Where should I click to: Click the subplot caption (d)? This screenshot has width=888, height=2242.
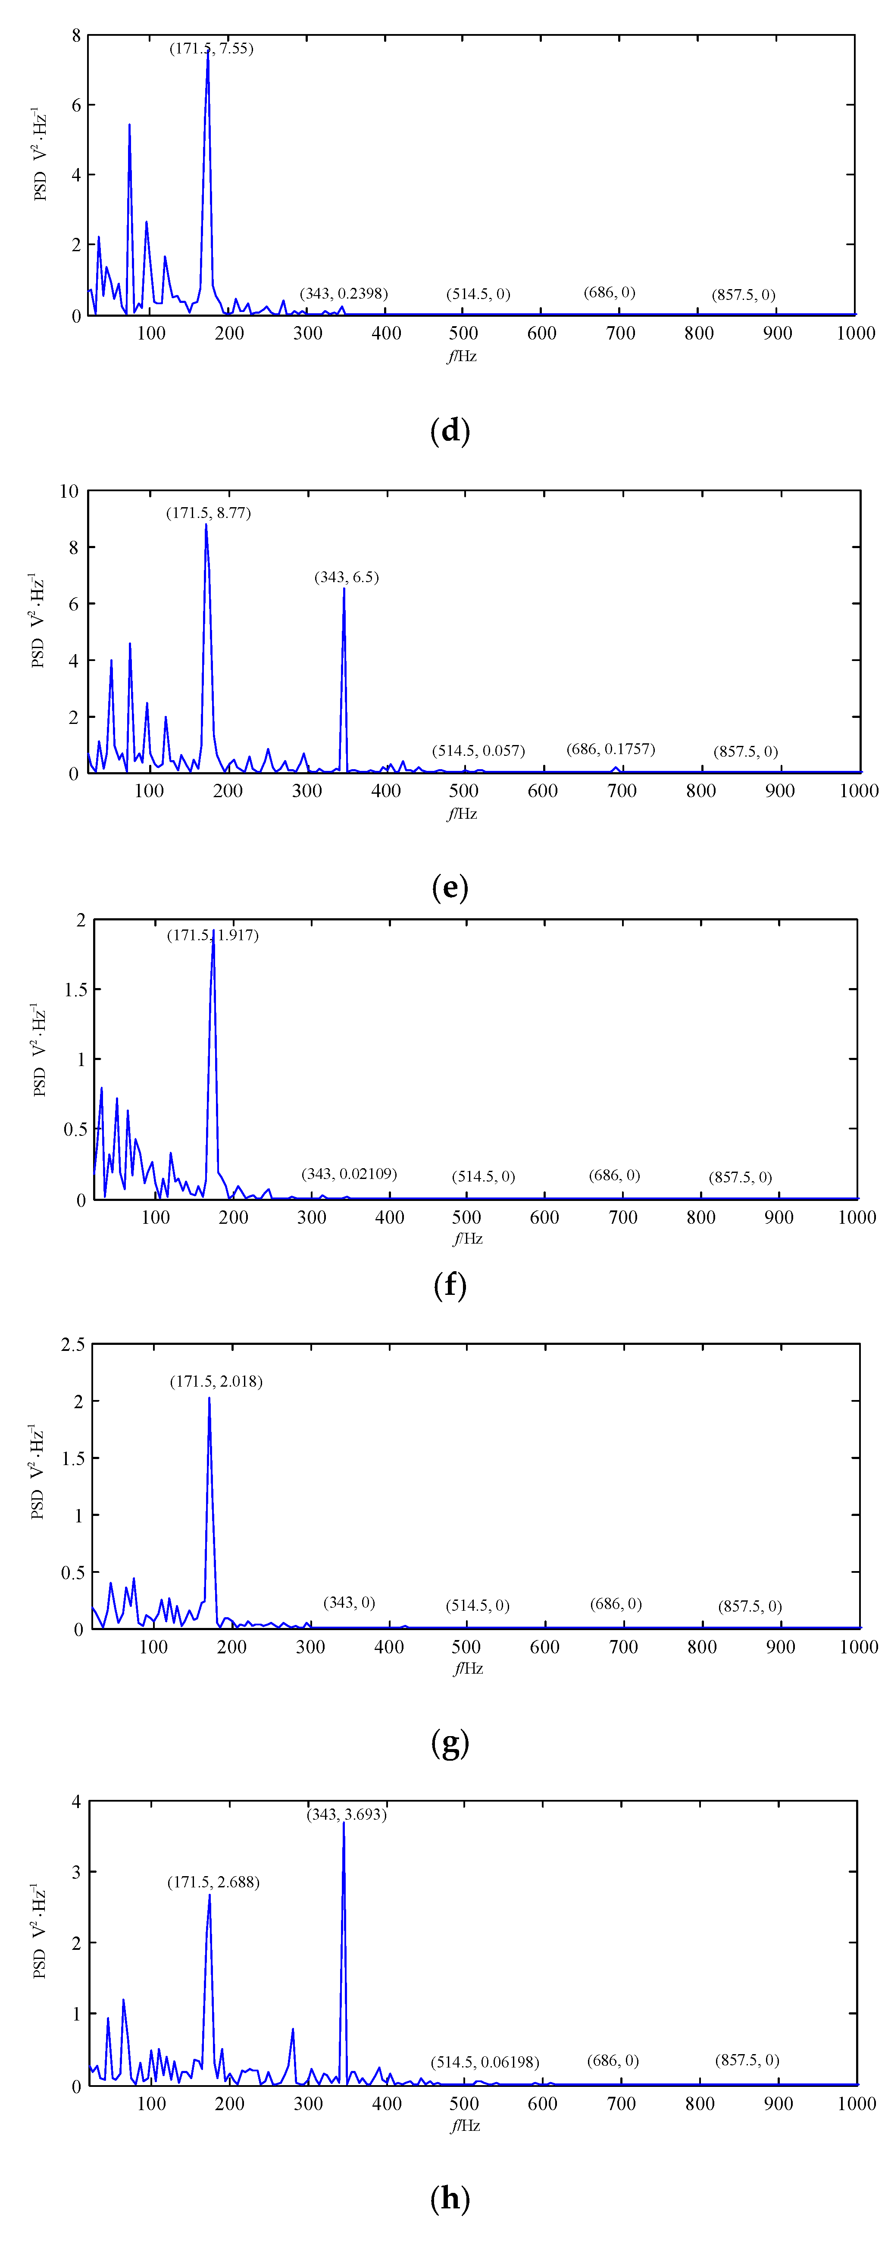click(450, 431)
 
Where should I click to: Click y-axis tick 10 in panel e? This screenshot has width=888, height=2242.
click(69, 492)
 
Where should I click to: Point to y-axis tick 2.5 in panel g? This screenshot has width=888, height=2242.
click(73, 1345)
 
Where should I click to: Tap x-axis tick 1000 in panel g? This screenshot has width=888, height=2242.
click(858, 1646)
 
